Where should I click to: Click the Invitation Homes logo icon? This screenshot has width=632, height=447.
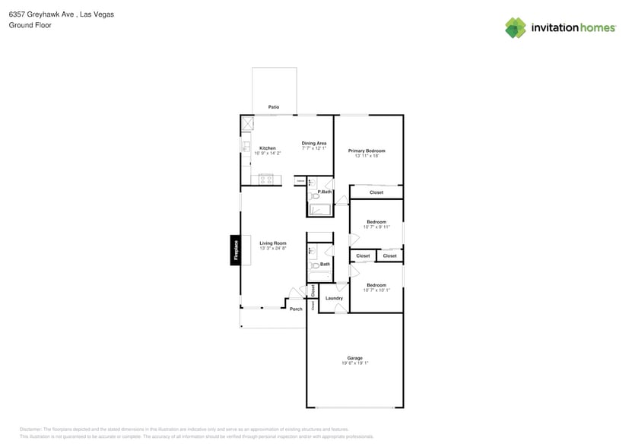(516, 27)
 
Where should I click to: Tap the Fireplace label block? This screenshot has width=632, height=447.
(236, 250)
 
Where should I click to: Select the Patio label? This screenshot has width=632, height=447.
(273, 107)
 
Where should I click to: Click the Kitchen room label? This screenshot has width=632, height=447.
(267, 148)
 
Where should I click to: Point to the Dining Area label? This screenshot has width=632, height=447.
(313, 143)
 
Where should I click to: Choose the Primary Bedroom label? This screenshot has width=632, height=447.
(367, 151)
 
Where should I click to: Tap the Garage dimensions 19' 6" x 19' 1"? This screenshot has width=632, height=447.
(354, 363)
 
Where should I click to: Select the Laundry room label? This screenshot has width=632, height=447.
(334, 298)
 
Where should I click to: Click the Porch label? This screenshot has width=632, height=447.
(296, 309)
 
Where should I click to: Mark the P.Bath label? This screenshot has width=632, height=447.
(325, 192)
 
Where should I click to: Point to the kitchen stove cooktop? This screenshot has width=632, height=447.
(265, 180)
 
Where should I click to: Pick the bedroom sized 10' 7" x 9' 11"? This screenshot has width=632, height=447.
(376, 224)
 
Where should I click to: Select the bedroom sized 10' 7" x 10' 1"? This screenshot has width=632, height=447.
(376, 287)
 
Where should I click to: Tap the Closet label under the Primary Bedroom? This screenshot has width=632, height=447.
(376, 192)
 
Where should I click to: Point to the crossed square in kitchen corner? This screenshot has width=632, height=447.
(248, 123)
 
